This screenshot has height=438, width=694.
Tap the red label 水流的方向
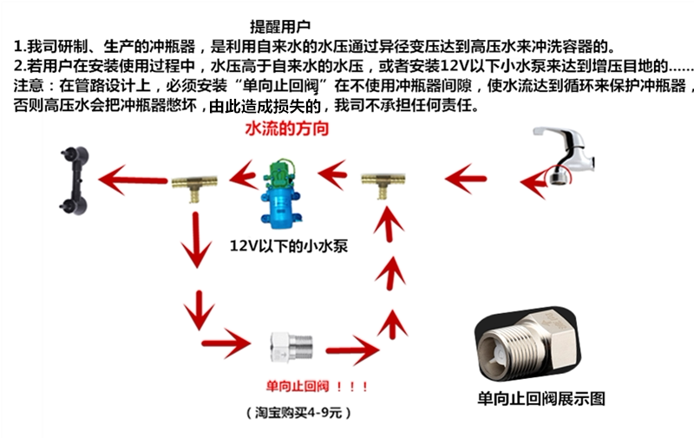(x=289, y=129)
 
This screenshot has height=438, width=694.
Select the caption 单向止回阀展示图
(x=541, y=399)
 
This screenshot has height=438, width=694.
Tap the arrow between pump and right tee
(x=336, y=176)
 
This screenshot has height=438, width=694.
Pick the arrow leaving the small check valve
(x=351, y=351)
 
